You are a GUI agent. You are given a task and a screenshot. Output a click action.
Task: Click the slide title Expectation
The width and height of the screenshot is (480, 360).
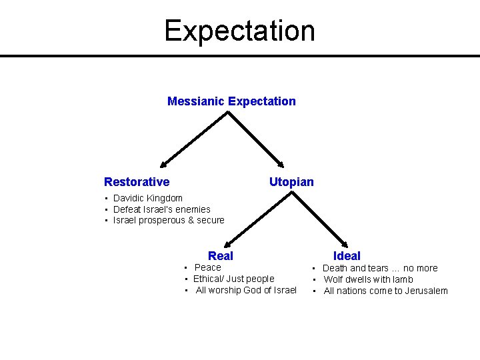(239, 31)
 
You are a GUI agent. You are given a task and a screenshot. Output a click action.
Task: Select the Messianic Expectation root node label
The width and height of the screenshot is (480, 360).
(231, 101)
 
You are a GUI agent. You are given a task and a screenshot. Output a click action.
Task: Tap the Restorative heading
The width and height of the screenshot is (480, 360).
(137, 182)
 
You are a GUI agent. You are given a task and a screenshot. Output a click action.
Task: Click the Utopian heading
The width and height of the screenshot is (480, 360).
(291, 182)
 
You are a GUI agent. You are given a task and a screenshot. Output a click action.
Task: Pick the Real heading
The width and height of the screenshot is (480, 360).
(221, 256)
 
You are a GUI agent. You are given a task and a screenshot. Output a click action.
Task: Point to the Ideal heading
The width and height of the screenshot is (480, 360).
(347, 256)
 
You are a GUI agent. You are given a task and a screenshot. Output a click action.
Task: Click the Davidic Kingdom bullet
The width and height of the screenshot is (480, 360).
(147, 198)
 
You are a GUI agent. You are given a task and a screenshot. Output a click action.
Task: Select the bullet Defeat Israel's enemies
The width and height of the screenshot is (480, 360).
(161, 209)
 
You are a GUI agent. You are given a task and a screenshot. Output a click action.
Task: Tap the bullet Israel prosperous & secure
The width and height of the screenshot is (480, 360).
(169, 221)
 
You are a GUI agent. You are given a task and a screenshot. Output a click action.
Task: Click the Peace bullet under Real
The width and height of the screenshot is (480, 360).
(207, 267)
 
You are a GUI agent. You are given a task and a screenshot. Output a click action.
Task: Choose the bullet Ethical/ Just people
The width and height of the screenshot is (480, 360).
(233, 279)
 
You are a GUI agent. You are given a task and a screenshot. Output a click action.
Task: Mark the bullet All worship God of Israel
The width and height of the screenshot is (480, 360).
(246, 290)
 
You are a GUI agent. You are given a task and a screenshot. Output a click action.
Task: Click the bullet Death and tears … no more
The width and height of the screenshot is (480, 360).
(380, 268)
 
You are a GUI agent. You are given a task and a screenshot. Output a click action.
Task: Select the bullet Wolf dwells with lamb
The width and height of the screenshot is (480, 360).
(368, 279)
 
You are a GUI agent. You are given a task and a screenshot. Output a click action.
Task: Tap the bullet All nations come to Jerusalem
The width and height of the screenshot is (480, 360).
(385, 291)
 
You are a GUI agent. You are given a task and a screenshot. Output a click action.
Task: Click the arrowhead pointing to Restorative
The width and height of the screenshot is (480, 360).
(162, 165)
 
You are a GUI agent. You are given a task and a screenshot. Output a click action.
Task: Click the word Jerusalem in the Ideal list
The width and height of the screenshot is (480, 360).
(425, 291)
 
